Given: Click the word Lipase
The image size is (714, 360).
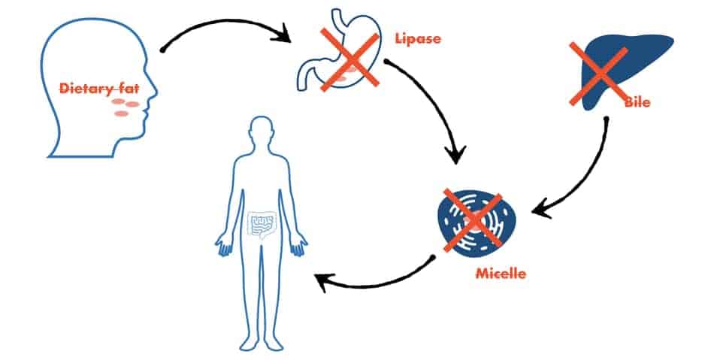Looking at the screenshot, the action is (418, 39).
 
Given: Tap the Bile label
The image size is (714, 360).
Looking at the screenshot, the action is (637, 102).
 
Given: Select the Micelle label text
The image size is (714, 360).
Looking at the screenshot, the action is (501, 274).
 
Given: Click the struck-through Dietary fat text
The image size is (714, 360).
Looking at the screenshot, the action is (99, 88).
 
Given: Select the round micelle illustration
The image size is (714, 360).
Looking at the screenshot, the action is (477, 222).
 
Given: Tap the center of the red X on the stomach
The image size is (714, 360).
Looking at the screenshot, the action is (349, 59).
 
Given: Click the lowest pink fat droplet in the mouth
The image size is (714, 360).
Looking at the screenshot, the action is (121, 113).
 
